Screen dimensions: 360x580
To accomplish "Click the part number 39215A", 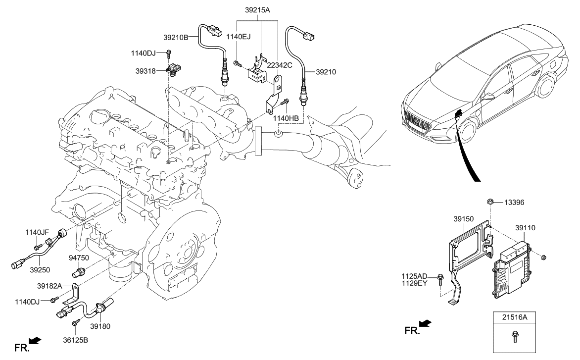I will [x=257, y=9].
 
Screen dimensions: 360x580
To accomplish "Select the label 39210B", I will [x=183, y=37].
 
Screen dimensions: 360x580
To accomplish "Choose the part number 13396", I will [x=515, y=202].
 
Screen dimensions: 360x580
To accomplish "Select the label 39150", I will [x=464, y=218].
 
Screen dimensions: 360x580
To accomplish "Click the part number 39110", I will [x=525, y=228].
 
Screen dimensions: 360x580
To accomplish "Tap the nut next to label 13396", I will [x=489, y=202].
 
